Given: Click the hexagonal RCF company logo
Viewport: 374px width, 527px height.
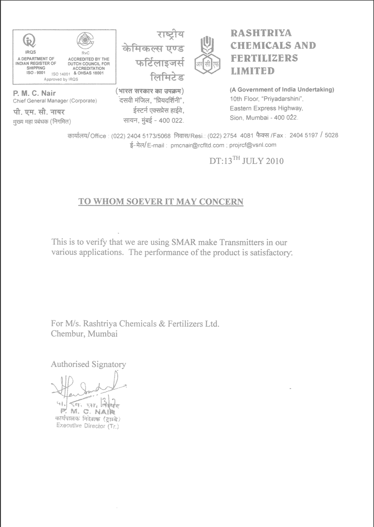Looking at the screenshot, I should [x=208, y=55].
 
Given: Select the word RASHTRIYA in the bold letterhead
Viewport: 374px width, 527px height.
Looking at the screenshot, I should [x=261, y=33].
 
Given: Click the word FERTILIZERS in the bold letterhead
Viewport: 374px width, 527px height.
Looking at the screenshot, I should [x=264, y=58].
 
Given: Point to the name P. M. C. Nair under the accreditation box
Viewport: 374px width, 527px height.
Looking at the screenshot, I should [x=34, y=93].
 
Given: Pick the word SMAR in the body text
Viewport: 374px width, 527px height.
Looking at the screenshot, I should [x=183, y=242].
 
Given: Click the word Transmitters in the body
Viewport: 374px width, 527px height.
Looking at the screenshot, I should [x=241, y=242].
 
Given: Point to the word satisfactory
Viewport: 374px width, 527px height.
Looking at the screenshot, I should [x=271, y=253].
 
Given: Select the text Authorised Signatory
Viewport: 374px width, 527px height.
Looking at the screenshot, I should [x=88, y=364].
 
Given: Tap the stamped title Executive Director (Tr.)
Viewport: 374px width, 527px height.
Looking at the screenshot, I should [x=87, y=426].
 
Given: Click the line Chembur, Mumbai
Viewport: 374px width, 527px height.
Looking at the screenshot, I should [x=84, y=334].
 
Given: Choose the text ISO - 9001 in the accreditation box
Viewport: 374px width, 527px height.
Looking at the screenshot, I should [x=36, y=73].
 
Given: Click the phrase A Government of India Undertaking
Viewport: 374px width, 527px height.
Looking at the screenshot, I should [x=282, y=90].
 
